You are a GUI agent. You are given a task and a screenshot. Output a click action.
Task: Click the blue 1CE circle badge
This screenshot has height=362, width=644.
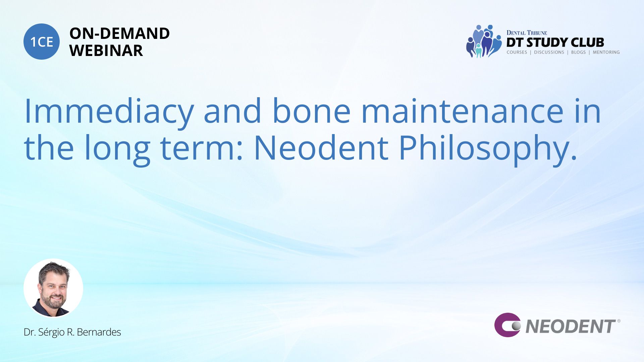tap(42, 42)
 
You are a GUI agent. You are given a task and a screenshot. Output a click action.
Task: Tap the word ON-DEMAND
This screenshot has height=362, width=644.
tap(119, 34)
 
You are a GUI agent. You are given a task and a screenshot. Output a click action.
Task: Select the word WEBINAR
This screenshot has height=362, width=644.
tap(106, 51)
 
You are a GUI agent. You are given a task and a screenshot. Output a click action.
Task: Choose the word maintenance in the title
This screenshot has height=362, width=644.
tap(462, 111)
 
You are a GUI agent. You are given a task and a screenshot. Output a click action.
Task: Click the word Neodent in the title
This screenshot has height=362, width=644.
tap(321, 147)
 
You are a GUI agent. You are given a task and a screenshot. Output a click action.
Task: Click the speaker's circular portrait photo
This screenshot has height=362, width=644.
tap(53, 288)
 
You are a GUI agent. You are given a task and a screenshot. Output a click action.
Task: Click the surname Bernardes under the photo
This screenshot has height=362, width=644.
tap(99, 332)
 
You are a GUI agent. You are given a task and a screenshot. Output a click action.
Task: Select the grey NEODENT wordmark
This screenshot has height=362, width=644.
tap(571, 326)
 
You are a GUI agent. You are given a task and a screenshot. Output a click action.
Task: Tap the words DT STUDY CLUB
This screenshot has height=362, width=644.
tap(555, 43)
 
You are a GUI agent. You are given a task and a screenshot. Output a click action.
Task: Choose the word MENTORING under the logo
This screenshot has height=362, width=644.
tap(606, 52)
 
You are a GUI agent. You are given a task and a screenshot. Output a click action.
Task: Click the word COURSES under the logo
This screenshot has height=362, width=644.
tap(517, 52)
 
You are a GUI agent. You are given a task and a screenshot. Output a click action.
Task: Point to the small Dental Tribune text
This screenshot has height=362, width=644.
tap(527, 33)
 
